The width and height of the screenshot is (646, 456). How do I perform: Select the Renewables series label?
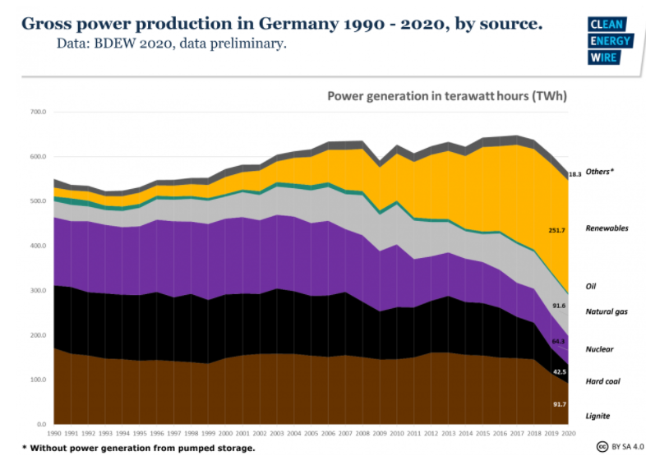pyautogui.click(x=607, y=228)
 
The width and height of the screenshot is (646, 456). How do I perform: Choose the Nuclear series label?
pyautogui.click(x=599, y=349)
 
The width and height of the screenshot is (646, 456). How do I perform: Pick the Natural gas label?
pyautogui.click(x=607, y=311)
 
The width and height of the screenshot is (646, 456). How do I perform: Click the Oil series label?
pyautogui.click(x=590, y=286)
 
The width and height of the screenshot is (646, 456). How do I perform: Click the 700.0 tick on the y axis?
pyautogui.click(x=38, y=111)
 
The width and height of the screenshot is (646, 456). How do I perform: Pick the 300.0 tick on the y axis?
pyautogui.click(x=38, y=290)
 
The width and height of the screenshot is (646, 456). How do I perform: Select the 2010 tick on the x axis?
pyautogui.click(x=395, y=432)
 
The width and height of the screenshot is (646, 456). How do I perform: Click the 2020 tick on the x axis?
pyautogui.click(x=566, y=432)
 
